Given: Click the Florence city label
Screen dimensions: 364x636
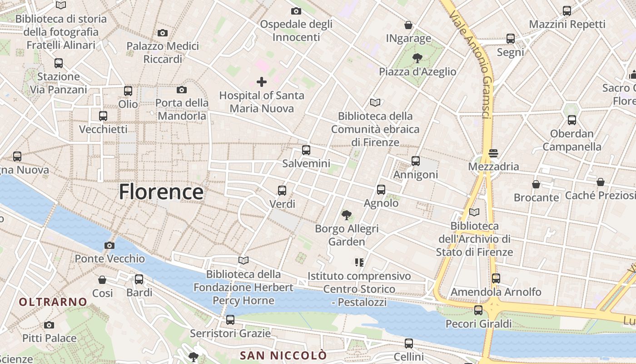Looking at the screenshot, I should click(161, 192).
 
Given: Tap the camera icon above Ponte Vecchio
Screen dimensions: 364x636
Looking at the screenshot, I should click(109, 246).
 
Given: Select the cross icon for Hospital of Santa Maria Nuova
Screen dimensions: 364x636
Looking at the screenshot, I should click(261, 82).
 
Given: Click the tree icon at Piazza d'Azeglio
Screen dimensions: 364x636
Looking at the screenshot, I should click(417, 58).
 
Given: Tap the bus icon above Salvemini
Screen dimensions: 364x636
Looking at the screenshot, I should click(306, 150).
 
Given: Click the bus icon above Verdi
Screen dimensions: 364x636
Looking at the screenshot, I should click(282, 191).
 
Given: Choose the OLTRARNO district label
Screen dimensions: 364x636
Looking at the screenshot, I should click(53, 302).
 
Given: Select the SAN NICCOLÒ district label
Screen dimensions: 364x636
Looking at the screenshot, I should click(283, 355).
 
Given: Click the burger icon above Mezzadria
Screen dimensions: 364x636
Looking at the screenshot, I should click(493, 153).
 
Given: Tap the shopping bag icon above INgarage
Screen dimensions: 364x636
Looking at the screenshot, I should click(408, 25).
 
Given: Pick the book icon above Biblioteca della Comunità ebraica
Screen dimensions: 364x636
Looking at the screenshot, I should click(375, 103).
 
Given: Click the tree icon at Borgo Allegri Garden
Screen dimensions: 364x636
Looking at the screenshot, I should click(347, 215).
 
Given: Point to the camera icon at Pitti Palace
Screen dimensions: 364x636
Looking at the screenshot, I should click(49, 325).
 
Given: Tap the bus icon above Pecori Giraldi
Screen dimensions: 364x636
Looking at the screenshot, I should click(478, 310).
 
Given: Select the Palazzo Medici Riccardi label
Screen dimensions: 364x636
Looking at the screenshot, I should click(163, 52).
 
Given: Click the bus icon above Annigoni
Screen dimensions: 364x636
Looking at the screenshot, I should click(416, 161).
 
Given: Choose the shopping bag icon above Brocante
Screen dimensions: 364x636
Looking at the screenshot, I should click(536, 184).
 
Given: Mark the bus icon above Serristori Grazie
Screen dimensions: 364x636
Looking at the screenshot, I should click(230, 320).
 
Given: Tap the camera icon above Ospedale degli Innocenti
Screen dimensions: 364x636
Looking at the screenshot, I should click(296, 11).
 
